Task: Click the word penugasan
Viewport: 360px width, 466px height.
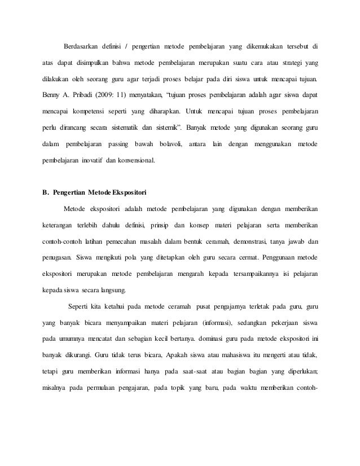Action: tap(56, 258)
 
